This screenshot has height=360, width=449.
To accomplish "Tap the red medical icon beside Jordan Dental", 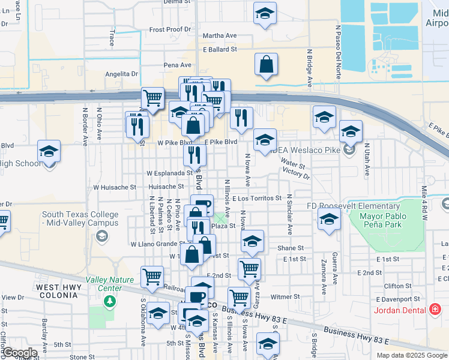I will click(436, 310).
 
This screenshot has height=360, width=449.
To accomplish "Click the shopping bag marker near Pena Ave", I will click(265, 64).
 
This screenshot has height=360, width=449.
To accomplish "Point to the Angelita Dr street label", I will click(122, 74).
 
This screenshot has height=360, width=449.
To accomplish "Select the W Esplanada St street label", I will click(169, 173).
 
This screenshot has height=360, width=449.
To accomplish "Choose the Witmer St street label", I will click(285, 296).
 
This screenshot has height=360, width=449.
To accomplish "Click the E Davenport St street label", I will click(398, 299).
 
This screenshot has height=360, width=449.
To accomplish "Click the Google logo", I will click(21, 353).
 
